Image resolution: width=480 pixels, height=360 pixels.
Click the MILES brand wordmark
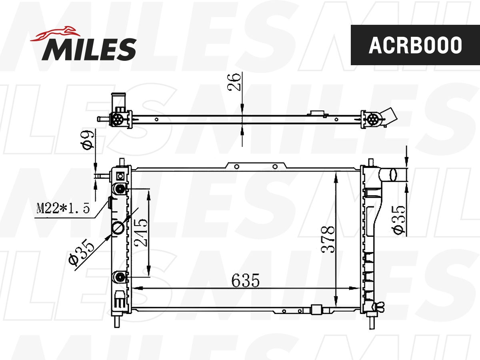tap(89, 49)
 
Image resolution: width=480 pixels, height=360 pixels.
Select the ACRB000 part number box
tap(415, 45)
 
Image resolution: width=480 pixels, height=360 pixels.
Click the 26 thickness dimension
tap(235, 82)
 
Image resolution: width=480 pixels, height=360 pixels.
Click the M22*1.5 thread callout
tap(62, 208)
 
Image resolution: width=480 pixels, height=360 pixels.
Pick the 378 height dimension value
tap(328, 239)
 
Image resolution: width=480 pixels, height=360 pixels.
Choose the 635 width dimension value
tap(246, 281)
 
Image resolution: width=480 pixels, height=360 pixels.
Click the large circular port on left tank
tap(118, 228)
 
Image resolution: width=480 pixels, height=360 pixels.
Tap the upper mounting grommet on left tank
tap(120, 188)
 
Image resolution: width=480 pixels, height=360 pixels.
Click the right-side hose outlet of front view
tap(389, 175)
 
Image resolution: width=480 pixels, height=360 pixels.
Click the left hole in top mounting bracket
tap(237, 166)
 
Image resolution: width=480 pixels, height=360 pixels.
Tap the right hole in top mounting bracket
tap(275, 166)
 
